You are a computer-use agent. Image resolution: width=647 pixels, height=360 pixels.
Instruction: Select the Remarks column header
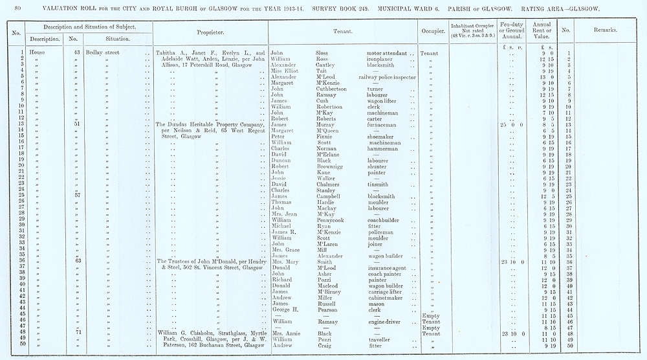point(605,30)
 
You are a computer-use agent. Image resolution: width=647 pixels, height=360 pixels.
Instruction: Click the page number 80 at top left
point(17,8)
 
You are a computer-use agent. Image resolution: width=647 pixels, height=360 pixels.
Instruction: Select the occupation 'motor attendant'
point(387,53)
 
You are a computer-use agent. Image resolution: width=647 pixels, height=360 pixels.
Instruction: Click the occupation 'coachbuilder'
point(384,220)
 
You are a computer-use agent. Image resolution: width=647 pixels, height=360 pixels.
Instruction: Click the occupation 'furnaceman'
point(383,124)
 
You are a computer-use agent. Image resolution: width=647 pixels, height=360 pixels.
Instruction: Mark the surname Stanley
point(327,190)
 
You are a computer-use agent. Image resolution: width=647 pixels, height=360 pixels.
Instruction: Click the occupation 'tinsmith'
point(378,184)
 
